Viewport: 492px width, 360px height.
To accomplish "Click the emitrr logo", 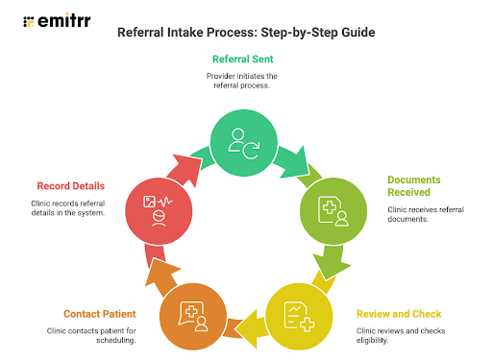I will click(x=57, y=19).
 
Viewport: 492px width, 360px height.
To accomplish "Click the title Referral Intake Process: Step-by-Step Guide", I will click(x=246, y=33).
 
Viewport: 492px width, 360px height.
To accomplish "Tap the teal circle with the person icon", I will click(x=246, y=141).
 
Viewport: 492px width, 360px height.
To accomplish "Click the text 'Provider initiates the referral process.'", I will click(x=246, y=80).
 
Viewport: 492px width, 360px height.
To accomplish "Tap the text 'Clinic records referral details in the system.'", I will click(x=73, y=206).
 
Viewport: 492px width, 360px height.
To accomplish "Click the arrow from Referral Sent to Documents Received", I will click(x=307, y=155).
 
